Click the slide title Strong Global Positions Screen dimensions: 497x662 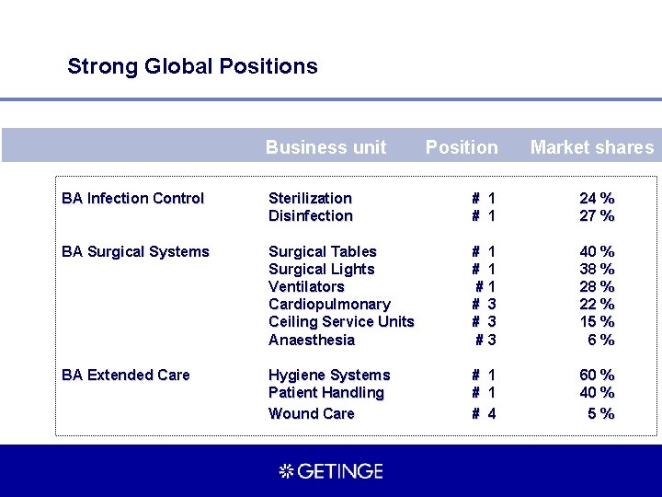coord(192,66)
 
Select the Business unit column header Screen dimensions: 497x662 coord(325,147)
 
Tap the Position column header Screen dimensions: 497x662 coord(462,147)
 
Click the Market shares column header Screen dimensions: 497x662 coord(592,147)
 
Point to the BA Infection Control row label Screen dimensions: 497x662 coord(132,199)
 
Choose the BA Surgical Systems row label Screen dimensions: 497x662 coord(135,252)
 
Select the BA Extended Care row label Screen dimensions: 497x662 coord(125,376)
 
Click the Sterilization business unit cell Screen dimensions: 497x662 coord(310,199)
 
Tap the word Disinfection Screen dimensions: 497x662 coord(310,216)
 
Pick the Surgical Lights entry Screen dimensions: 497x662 coord(321,270)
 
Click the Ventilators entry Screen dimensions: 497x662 coord(306,287)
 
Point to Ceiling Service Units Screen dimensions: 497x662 coord(341,322)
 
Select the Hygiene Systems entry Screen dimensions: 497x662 coord(329,376)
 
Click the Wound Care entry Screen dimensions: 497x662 coord(311,414)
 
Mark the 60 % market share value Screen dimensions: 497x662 coord(597,376)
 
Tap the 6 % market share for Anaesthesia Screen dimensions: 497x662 coord(600,341)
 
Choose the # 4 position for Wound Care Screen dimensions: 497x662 coord(484,414)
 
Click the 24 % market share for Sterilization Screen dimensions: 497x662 coord(597,199)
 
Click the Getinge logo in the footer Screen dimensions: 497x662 coord(331,471)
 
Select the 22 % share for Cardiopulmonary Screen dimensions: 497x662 coord(597,305)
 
